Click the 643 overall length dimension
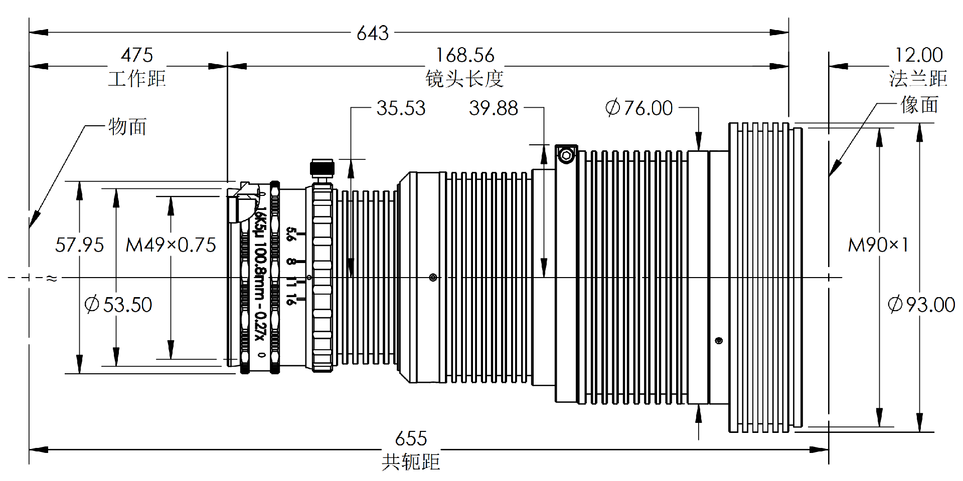point(373,33)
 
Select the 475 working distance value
point(136,55)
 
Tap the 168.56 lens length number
point(465,55)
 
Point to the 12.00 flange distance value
point(919,55)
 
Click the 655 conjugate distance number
point(411,438)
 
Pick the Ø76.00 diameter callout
point(639,108)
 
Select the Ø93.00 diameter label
point(921,305)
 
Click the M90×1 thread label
point(878,245)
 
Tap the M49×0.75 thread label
point(171,245)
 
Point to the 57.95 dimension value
point(79,245)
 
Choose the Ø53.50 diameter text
point(118,305)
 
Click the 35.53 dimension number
point(401,108)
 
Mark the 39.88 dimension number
point(494,108)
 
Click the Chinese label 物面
point(127,127)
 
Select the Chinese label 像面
point(919,105)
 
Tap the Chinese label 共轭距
point(411,461)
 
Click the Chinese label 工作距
point(136,78)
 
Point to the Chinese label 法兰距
point(918,78)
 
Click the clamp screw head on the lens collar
point(566,155)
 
